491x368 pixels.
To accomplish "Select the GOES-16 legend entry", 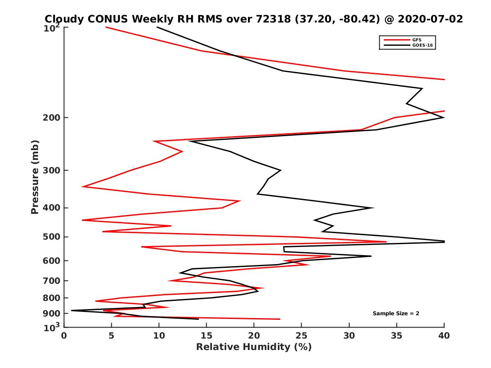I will pyautogui.click(x=421, y=45).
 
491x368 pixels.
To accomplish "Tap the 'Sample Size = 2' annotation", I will pyautogui.click(x=396, y=314).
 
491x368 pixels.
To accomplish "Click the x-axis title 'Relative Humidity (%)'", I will pyautogui.click(x=254, y=347).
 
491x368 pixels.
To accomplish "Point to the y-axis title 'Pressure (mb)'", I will pyautogui.click(x=35, y=177).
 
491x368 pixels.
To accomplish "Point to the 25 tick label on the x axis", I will pyautogui.click(x=302, y=336).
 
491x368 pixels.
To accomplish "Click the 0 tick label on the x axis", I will pyautogui.click(x=64, y=336).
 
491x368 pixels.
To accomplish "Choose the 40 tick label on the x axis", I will pyautogui.click(x=444, y=336).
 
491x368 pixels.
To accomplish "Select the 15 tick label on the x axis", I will pyautogui.click(x=206, y=336).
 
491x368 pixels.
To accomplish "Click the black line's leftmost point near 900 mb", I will pyautogui.click(x=72, y=310).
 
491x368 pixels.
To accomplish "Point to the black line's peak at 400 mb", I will pyautogui.click(x=373, y=208).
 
